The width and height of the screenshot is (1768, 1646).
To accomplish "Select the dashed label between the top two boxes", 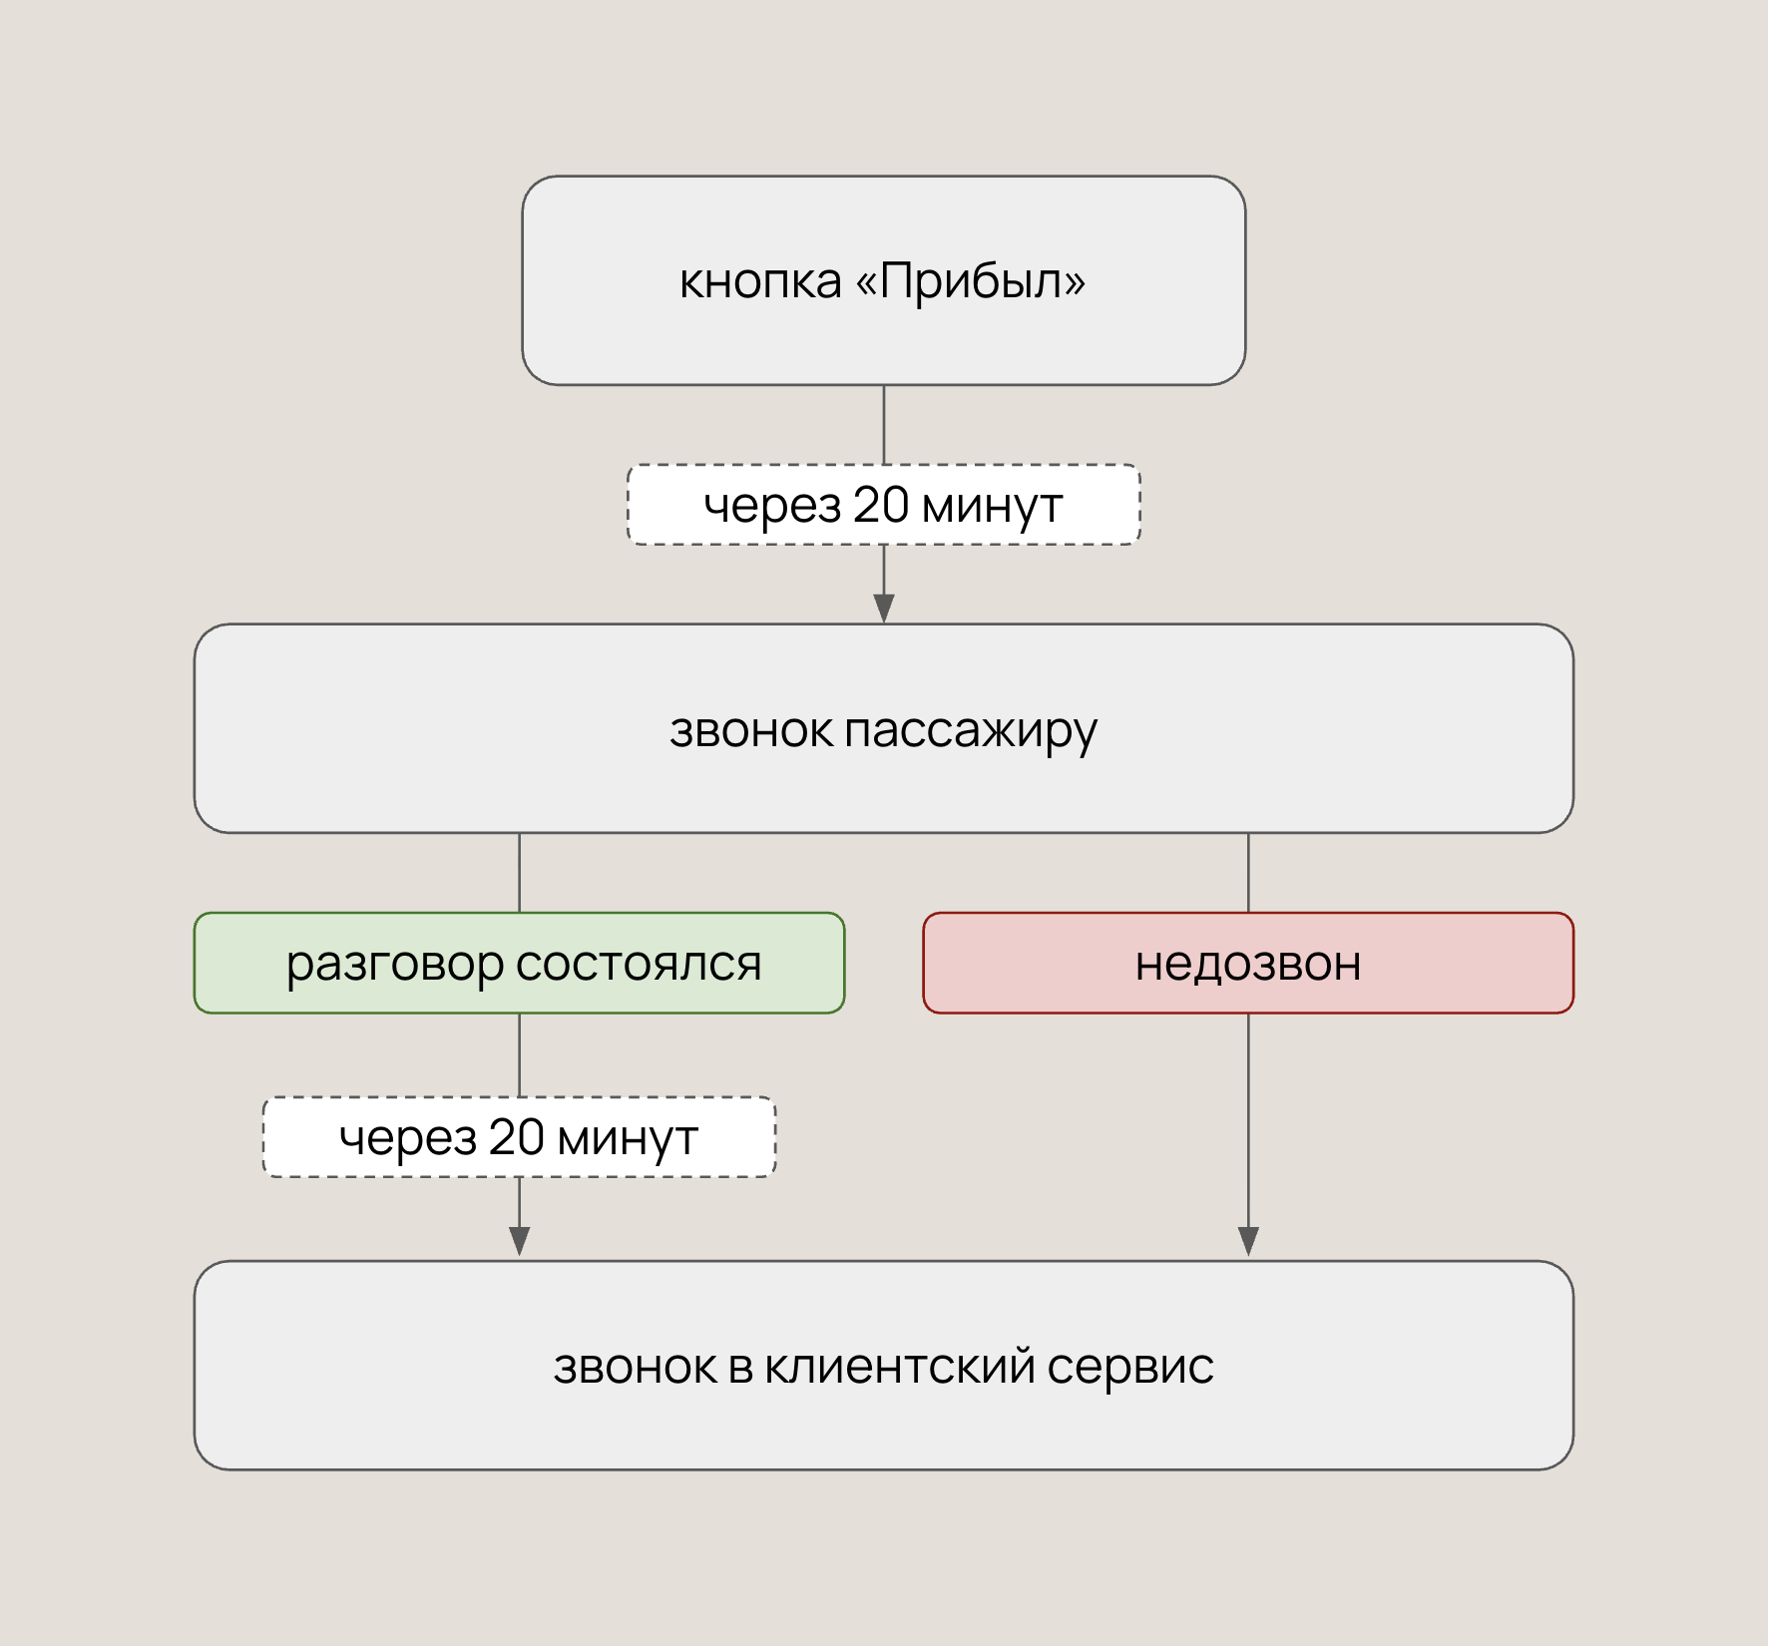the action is [x=884, y=505].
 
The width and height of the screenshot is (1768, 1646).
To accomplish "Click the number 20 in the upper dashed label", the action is [x=881, y=504].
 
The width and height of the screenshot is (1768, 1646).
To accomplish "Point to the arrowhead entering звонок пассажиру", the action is [x=884, y=609].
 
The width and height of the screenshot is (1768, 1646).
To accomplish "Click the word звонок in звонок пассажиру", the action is [x=750, y=730].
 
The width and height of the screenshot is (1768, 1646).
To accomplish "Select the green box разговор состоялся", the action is [x=520, y=963].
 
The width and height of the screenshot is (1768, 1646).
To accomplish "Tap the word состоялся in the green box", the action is [x=639, y=965].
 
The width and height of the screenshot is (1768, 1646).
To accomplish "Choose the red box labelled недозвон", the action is [x=1248, y=963].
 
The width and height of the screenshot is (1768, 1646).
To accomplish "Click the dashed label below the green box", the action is [x=519, y=1137].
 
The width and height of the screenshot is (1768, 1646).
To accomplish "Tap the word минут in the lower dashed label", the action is [x=628, y=1138].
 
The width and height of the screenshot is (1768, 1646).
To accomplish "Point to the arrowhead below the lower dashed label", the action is [x=519, y=1241].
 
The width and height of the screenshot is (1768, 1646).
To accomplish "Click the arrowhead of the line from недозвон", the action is [x=1248, y=1241].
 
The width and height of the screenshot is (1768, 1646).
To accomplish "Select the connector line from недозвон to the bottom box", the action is [x=1248, y=1134].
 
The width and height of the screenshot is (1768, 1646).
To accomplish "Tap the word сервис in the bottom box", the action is [x=1130, y=1368].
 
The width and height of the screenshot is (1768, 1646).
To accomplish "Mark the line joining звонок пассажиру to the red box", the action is [x=1248, y=873].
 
